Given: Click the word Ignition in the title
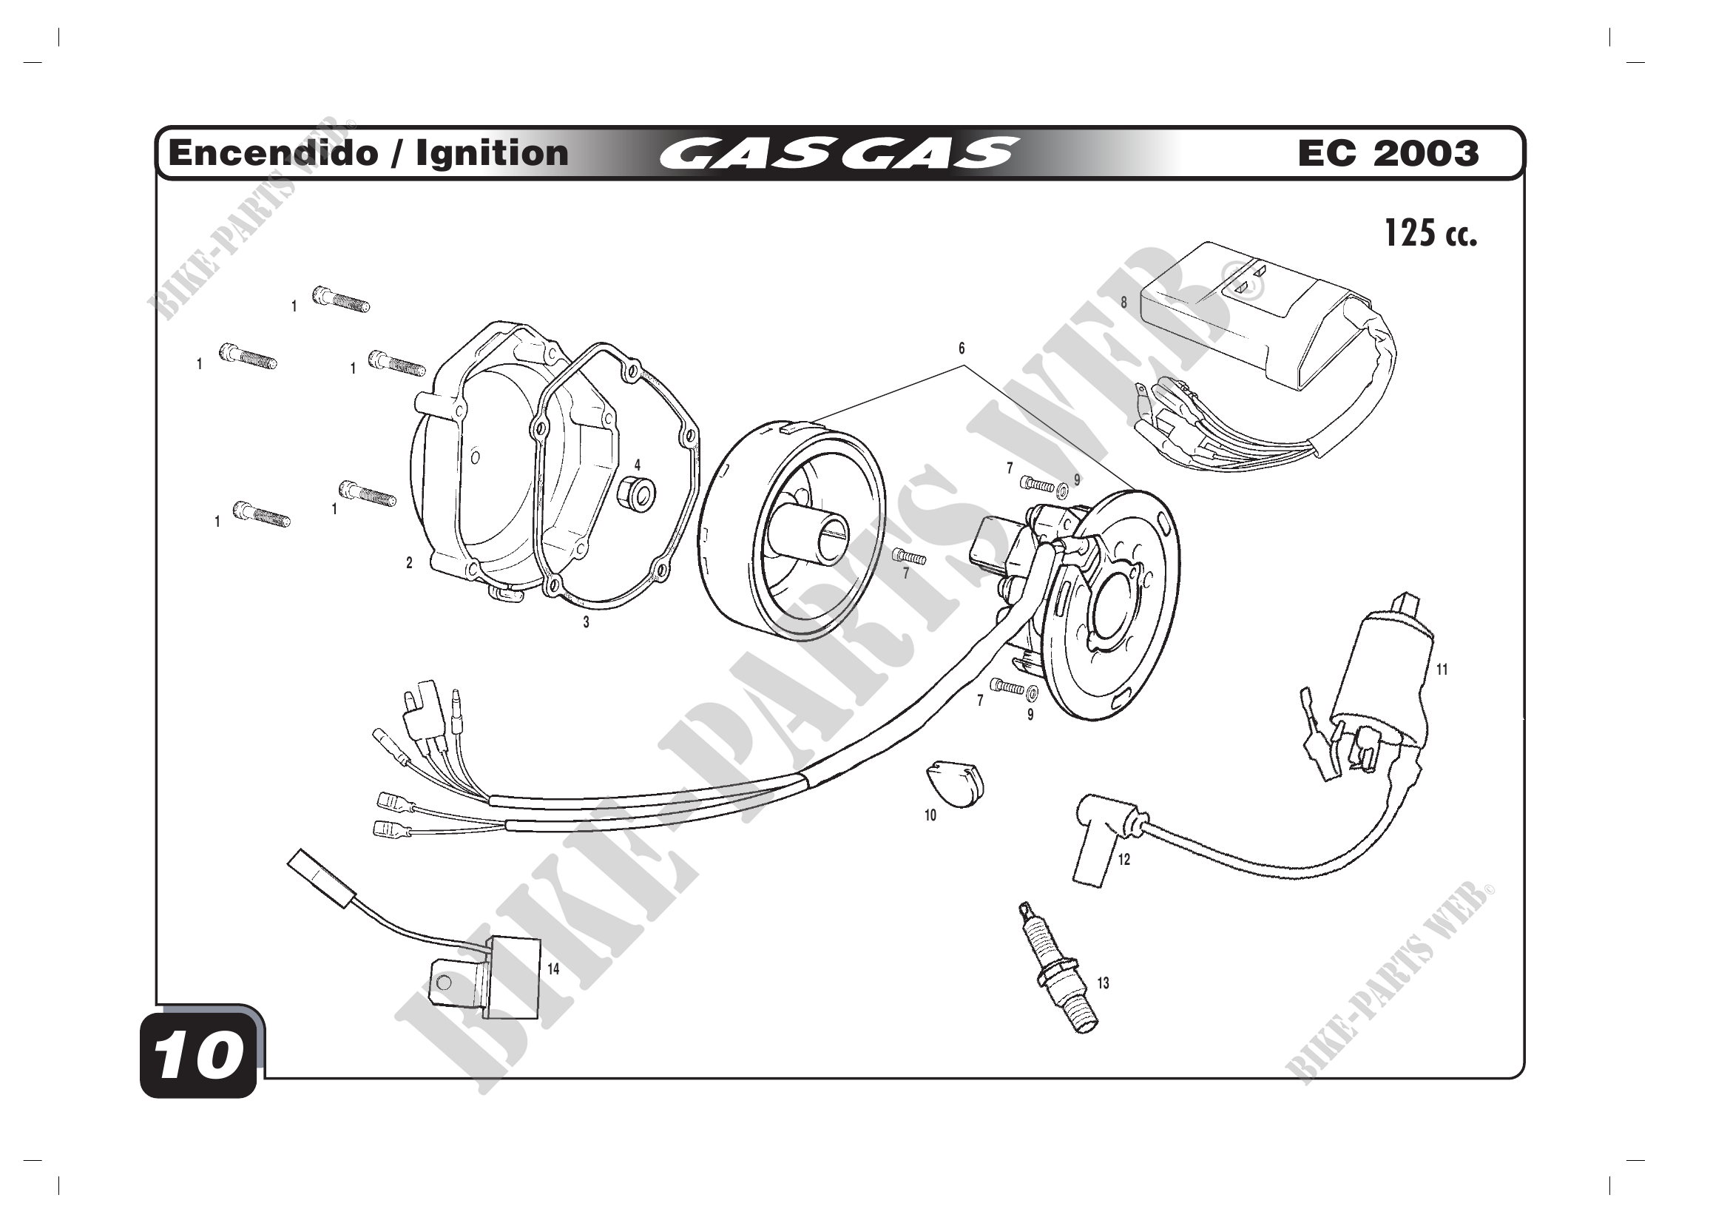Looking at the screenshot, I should point(492,154).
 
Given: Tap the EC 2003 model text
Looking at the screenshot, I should point(1388,154).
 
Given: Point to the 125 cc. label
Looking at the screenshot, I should point(1430,234).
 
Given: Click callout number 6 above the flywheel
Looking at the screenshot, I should point(962,349).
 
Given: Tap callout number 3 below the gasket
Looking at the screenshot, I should point(587,623).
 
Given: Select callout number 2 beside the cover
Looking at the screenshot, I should point(409,563).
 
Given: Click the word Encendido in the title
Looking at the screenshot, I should point(274,154).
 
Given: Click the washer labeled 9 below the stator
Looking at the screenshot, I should point(1033,692).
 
